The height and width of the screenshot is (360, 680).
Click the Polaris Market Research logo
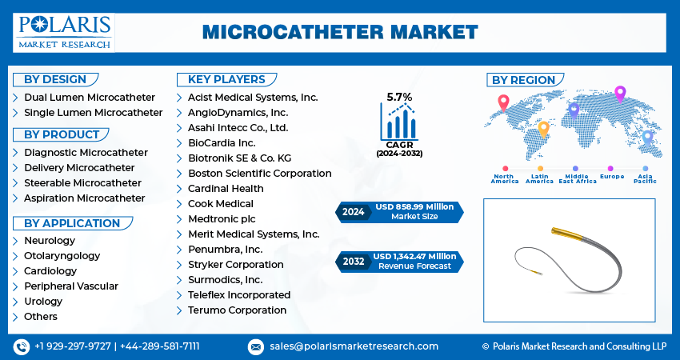pyautogui.click(x=64, y=31)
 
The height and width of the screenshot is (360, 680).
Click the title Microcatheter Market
pyautogui.click(x=339, y=32)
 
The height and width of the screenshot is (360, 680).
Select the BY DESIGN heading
pyautogui.click(x=55, y=79)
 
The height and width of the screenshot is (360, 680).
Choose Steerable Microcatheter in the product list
pyautogui.click(x=83, y=182)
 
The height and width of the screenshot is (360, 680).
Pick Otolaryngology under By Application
pyautogui.click(x=62, y=255)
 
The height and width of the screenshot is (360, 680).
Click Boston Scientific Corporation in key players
pyautogui.click(x=259, y=173)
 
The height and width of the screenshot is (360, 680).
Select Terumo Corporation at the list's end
pyautogui.click(x=237, y=310)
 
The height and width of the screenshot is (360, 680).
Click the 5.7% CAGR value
pyautogui.click(x=399, y=97)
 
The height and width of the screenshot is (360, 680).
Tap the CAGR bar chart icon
pyautogui.click(x=399, y=122)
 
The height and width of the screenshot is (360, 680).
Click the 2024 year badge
pyautogui.click(x=353, y=212)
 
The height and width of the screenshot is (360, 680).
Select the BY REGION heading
pyautogui.click(x=523, y=80)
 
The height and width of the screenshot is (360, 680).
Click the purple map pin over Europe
pyautogui.click(x=619, y=94)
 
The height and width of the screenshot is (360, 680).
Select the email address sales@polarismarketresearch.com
pyautogui.click(x=353, y=346)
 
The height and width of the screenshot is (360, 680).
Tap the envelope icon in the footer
pyautogui.click(x=256, y=346)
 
